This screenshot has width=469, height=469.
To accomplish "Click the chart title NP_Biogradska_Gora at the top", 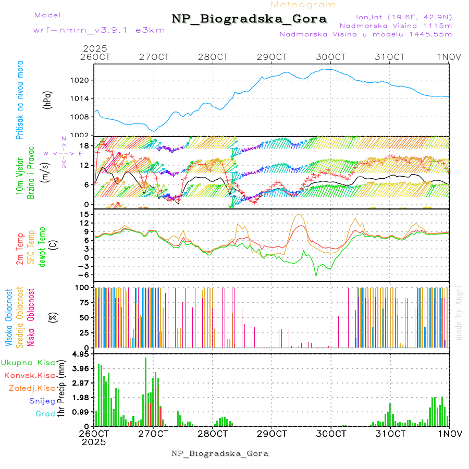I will point(249,19).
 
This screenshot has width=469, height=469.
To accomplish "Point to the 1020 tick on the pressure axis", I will point(83,80).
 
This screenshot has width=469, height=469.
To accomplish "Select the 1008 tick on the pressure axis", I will point(83,117).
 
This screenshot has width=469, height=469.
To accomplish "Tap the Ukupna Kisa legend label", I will point(28,363).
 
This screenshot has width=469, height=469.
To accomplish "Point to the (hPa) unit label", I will point(47,100).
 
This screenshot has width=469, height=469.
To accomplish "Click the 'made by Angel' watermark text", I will point(459,312).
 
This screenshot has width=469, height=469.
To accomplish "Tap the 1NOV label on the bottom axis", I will point(450,434).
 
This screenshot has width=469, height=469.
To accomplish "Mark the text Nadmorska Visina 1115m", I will point(396,25).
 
